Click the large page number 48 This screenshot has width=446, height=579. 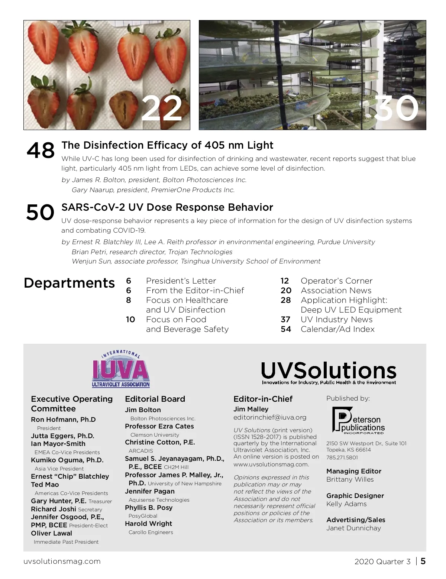click(x=41, y=151)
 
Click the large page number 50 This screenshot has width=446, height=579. click(x=40, y=213)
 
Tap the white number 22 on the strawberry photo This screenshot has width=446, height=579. click(x=162, y=109)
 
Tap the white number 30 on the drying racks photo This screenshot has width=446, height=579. click(x=396, y=108)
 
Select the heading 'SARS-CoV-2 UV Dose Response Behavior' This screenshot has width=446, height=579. click(x=167, y=207)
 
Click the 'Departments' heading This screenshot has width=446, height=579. click(x=69, y=283)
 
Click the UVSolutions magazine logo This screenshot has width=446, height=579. click(x=329, y=372)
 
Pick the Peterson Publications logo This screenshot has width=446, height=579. click(x=358, y=421)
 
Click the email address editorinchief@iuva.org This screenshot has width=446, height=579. click(x=270, y=417)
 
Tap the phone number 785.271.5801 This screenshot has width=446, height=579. click(x=342, y=457)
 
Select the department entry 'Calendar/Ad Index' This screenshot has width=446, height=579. click(x=337, y=329)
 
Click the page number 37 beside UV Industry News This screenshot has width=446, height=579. click(x=285, y=320)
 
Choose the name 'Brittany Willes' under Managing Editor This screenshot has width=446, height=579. click(x=350, y=479)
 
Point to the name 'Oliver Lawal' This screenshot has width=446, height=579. click(x=52, y=533)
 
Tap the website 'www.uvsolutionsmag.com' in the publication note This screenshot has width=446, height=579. click(x=271, y=464)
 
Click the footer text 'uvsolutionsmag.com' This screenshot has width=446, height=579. click(x=62, y=561)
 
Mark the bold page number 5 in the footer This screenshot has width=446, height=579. click(x=423, y=561)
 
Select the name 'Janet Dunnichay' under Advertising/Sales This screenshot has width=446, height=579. click(x=353, y=528)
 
